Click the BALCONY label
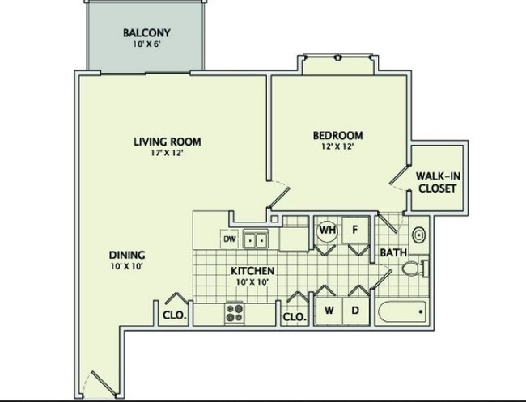(146, 33)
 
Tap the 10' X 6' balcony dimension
(147, 44)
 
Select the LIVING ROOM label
(168, 142)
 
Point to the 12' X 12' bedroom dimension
(337, 146)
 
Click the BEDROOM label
(337, 135)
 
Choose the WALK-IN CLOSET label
(438, 182)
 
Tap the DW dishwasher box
(230, 239)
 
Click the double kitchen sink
(256, 239)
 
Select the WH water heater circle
(328, 231)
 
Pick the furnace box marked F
(355, 231)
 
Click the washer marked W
(329, 311)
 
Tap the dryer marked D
(355, 311)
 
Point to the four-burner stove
(235, 313)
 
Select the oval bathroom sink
(418, 235)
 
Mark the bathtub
(402, 311)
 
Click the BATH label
(393, 252)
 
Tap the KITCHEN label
(252, 271)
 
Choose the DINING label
(127, 255)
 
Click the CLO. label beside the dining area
(175, 315)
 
